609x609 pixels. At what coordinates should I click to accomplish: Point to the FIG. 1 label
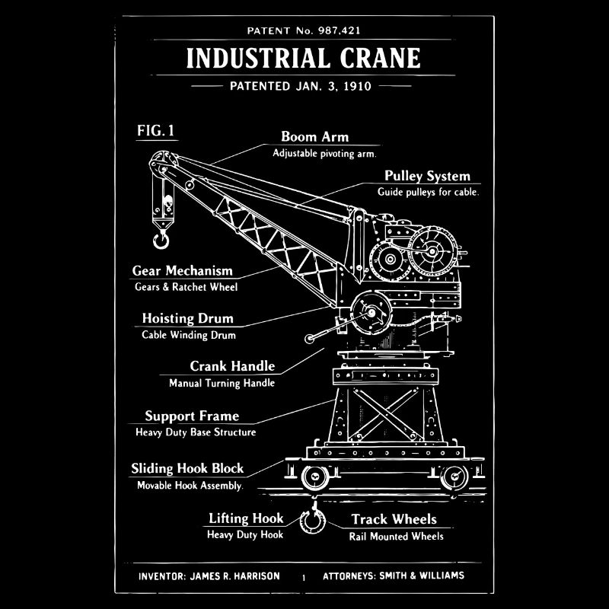pyautogui.click(x=156, y=131)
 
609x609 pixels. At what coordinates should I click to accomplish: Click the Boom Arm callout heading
pyautogui.click(x=314, y=137)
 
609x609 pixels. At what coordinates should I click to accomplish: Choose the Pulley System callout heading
pyautogui.click(x=427, y=177)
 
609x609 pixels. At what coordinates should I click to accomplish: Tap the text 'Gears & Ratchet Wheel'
pyautogui.click(x=186, y=287)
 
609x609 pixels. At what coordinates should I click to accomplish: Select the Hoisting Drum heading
pyautogui.click(x=187, y=318)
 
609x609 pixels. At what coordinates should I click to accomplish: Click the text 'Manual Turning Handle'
pyautogui.click(x=222, y=383)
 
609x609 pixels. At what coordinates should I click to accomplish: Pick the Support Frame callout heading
pyautogui.click(x=192, y=416)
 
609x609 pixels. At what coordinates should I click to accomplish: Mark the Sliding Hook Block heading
pyautogui.click(x=187, y=469)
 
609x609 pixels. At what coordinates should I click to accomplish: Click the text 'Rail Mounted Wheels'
pyautogui.click(x=396, y=536)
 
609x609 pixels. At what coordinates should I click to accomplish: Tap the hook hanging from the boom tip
pyautogui.click(x=161, y=241)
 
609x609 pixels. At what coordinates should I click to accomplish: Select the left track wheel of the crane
pyautogui.click(x=314, y=478)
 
